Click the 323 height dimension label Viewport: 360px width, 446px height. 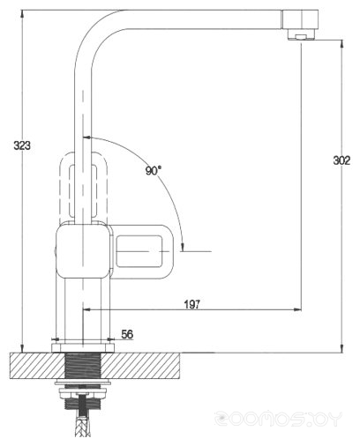click(22, 145)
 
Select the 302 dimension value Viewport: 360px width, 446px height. click(341, 160)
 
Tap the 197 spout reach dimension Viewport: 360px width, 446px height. click(192, 304)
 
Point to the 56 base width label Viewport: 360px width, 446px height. click(127, 334)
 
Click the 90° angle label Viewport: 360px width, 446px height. click(154, 170)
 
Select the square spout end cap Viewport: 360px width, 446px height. click(300, 19)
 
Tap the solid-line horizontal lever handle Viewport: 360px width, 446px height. click(141, 251)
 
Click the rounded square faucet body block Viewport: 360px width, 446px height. click(84, 250)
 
